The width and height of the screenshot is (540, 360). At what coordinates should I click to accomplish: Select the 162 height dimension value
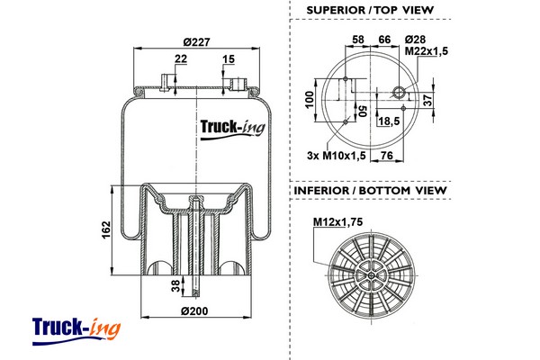pyautogui.click(x=105, y=229)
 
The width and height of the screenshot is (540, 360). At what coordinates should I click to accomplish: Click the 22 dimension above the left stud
pyautogui.click(x=182, y=58)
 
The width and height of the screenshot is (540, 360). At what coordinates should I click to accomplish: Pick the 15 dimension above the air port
pyautogui.click(x=229, y=58)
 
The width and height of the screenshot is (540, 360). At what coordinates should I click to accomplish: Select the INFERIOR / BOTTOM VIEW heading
pyautogui.click(x=369, y=192)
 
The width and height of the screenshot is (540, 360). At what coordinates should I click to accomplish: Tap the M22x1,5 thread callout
pyautogui.click(x=427, y=51)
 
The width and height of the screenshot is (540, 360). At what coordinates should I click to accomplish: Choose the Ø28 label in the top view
pyautogui.click(x=416, y=40)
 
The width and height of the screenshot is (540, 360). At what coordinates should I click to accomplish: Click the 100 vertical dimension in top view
pyautogui.click(x=310, y=98)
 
